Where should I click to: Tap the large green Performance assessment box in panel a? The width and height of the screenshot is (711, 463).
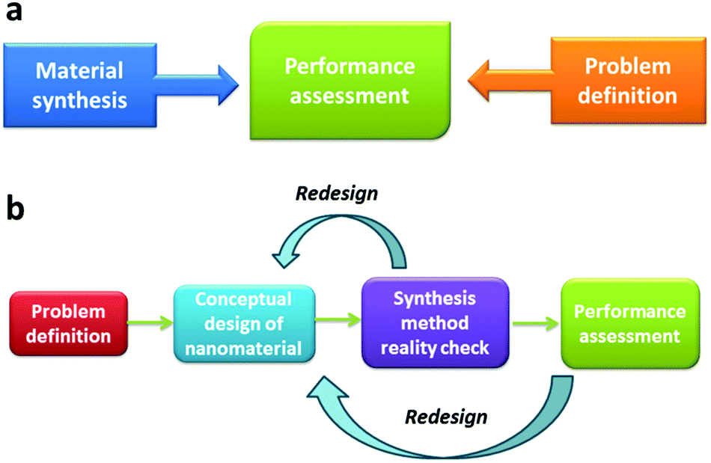(350, 82)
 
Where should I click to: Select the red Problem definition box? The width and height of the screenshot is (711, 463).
(69, 322)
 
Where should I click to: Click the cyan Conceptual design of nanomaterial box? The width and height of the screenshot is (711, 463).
(244, 322)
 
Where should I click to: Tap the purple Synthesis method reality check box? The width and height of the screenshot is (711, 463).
(434, 322)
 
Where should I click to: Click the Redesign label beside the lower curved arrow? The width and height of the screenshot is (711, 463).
(446, 416)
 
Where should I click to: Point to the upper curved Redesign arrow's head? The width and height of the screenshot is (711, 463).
(285, 255)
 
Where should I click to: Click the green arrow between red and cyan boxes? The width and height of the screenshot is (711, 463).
(150, 323)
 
